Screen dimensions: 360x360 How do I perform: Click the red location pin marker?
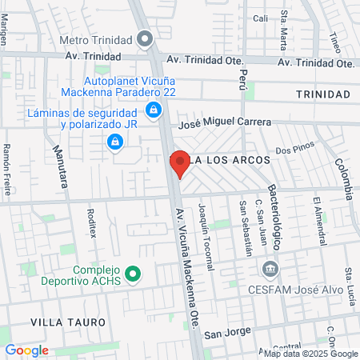coord(179,164)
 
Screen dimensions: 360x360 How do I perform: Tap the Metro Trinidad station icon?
coord(144,38)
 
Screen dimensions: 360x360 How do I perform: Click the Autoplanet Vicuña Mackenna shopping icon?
coord(153,110)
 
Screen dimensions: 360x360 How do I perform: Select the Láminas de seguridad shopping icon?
coord(115,142)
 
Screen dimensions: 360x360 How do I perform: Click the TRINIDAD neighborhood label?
coord(322,94)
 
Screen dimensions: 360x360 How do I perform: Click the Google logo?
coord(26,350)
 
